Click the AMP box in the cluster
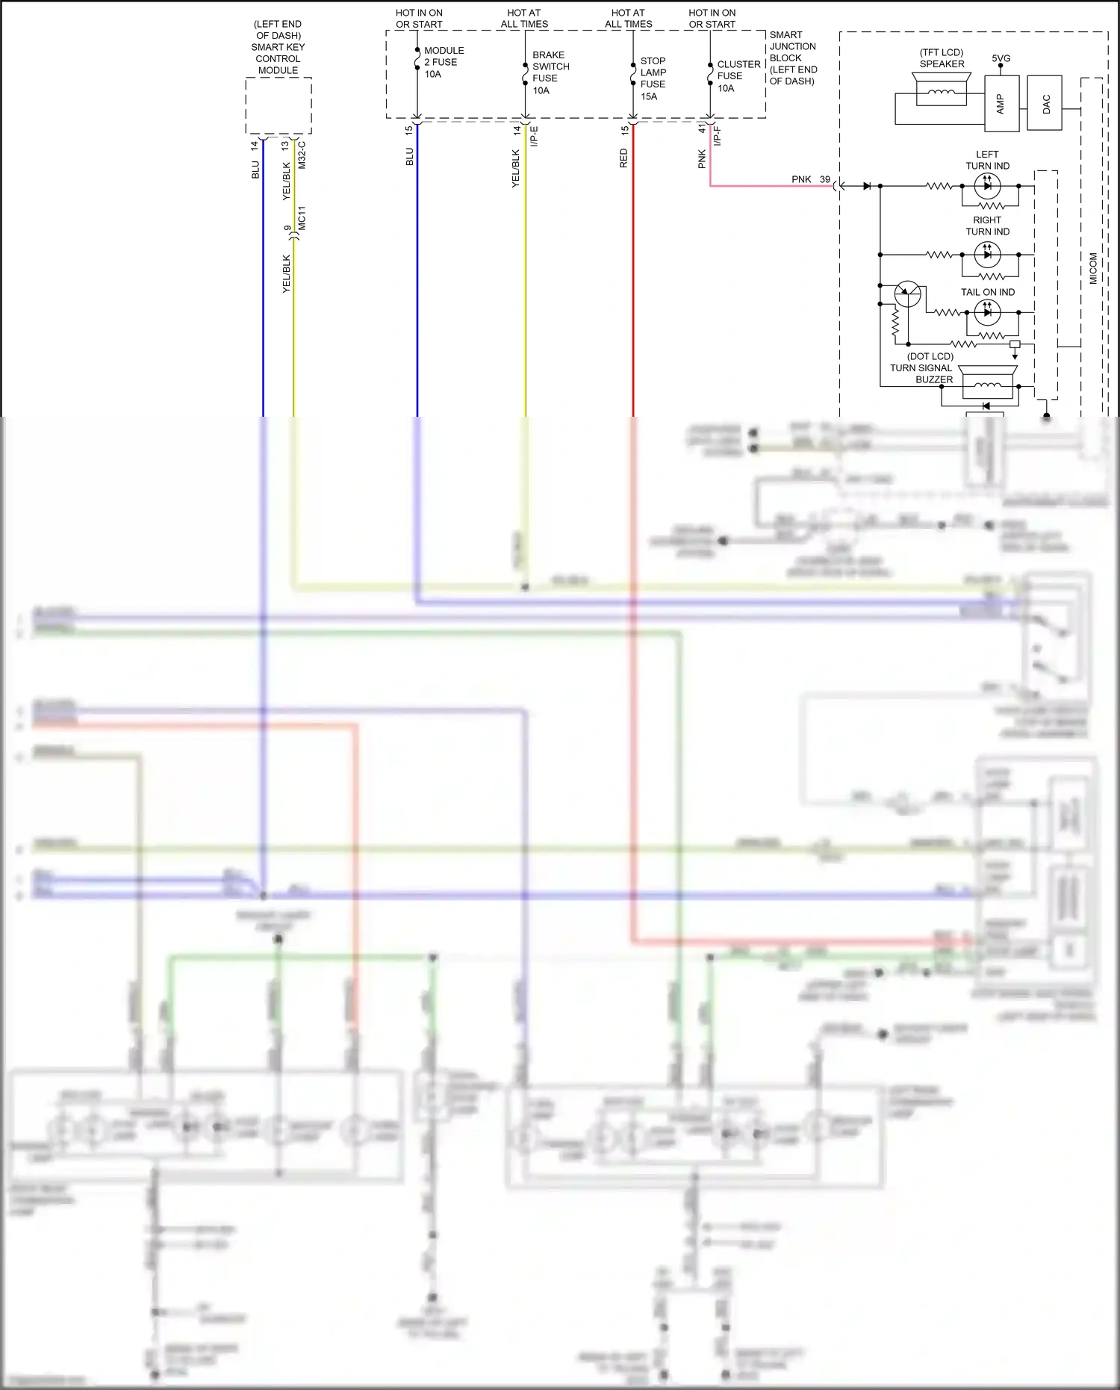1001,104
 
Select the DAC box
1045,103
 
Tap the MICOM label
1093,268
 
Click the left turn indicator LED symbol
987,185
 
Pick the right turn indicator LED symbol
987,255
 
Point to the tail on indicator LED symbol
987,312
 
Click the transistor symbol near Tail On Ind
907,294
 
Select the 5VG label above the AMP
1001,58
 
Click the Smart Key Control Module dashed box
279,105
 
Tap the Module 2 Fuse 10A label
444,62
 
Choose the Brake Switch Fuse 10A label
550,72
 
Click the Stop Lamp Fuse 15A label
653,78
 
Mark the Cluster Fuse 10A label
738,76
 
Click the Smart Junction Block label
793,58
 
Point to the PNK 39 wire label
810,179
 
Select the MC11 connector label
302,218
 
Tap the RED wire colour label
623,158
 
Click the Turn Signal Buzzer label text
921,368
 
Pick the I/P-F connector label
718,136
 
